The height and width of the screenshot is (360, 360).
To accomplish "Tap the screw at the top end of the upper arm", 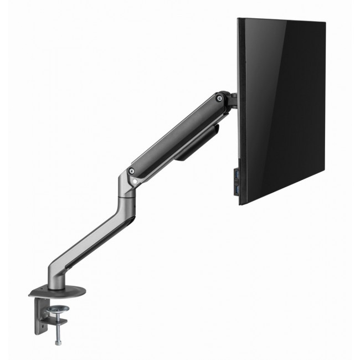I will pos(220,98).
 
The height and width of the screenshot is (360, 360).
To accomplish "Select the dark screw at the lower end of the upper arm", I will pos(132,171).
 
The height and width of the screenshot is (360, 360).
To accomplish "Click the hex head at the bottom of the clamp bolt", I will pos(58,343).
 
